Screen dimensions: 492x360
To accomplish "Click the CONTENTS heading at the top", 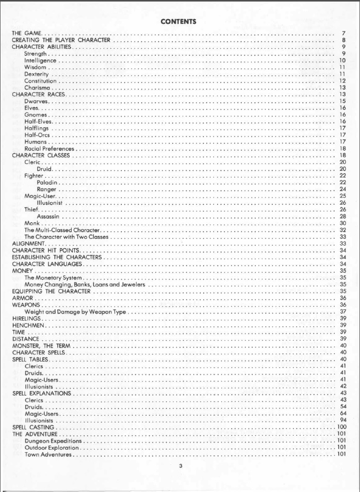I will coord(178,22).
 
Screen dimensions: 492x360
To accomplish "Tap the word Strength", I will coord(36,53).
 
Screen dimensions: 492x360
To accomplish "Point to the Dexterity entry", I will coord(37,74).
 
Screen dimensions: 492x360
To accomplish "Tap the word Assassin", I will coord(50,216).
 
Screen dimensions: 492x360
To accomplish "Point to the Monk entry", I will coord(32,223).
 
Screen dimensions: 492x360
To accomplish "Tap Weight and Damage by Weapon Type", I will coord(75,311).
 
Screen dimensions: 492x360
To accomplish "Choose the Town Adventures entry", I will coord(51,454).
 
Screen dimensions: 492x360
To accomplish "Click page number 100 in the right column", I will coord(340,427).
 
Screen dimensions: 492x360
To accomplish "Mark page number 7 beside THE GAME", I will coord(343,33).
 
